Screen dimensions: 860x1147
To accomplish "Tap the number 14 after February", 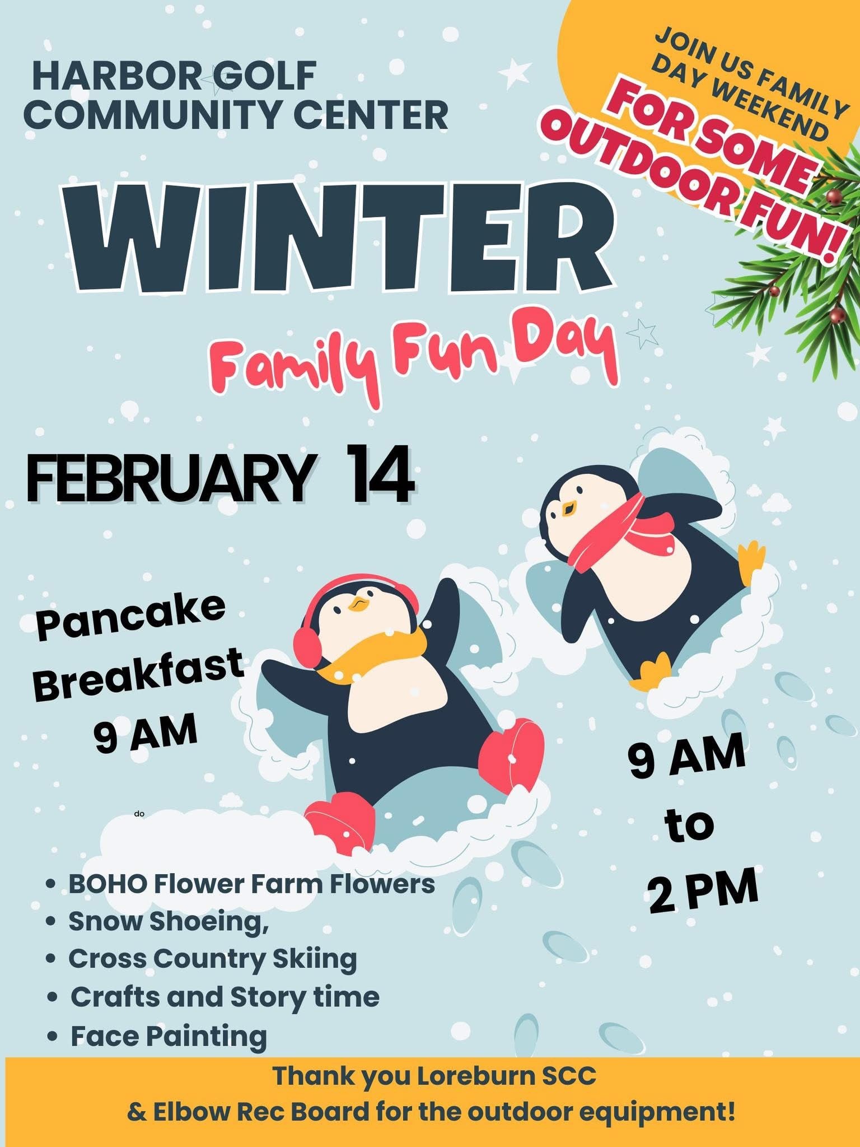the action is pos(380,474).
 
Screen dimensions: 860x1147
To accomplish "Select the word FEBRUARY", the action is pos(168,475).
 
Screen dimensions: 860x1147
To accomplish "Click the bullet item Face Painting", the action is pos(169,1036).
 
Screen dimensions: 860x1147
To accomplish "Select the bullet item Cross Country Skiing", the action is pos(213,959).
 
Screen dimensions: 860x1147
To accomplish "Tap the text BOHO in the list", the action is pos(108,884).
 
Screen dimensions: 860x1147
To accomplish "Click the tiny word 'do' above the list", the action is pos(138,813).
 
